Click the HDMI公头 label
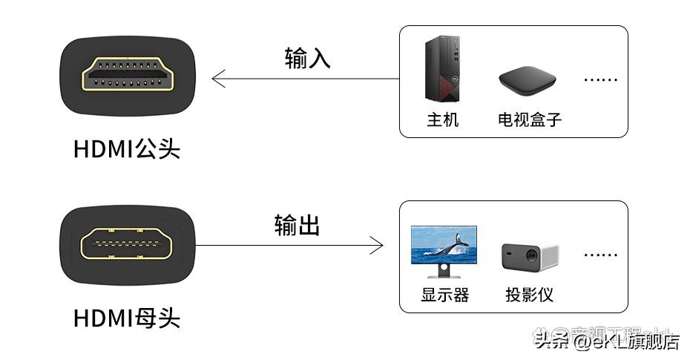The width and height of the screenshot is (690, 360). (x=127, y=149)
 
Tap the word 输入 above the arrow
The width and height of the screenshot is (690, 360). (x=307, y=59)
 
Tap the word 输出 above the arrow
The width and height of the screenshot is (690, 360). (x=297, y=225)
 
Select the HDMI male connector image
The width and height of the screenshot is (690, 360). (x=128, y=76)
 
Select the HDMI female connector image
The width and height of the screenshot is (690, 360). (x=128, y=245)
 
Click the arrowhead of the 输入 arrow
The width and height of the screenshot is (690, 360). (x=217, y=79)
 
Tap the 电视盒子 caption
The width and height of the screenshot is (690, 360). (x=530, y=120)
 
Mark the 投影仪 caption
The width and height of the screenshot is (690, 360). (x=530, y=295)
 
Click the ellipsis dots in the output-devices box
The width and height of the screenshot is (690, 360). (x=600, y=255)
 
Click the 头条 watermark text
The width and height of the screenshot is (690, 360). (x=551, y=341)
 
